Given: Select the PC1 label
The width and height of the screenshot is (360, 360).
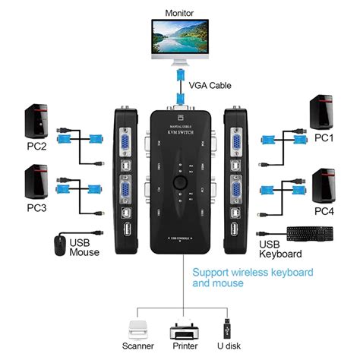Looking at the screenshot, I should pyautogui.click(x=324, y=138).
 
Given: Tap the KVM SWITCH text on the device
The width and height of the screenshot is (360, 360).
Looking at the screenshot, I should pyautogui.click(x=180, y=133).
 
